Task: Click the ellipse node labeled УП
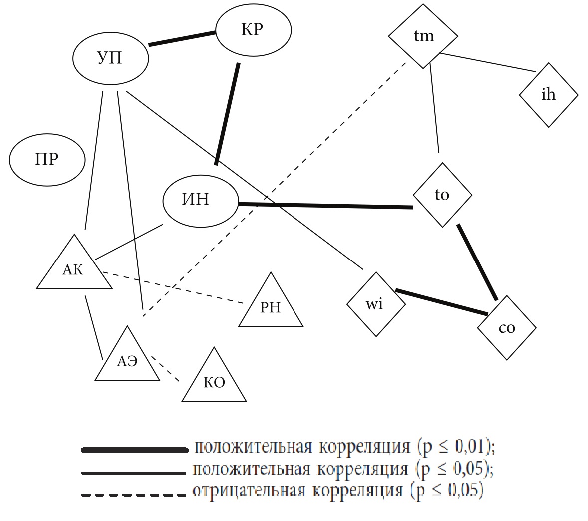(110, 58)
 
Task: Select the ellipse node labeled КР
(253, 30)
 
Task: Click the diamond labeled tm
(424, 36)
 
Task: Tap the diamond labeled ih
(548, 95)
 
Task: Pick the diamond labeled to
(442, 195)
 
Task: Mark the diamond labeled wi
(375, 304)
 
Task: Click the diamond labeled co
(506, 328)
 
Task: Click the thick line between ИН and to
(325, 205)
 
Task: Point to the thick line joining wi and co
(441, 302)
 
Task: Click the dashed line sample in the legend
(133, 495)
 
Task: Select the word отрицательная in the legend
(248, 491)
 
